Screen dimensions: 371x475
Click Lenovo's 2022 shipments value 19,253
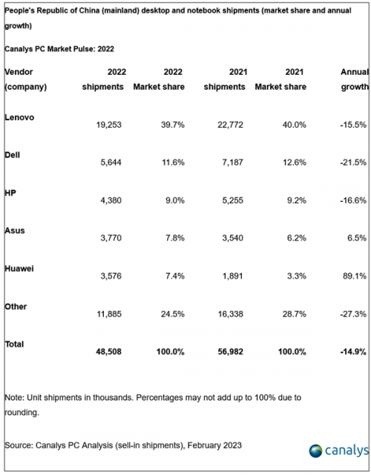coord(109,125)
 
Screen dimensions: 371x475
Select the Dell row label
coord(12,155)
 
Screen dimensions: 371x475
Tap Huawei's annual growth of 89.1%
coord(355,276)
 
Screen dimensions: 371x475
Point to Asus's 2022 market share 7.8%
coord(175,237)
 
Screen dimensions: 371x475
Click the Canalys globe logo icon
coord(315,451)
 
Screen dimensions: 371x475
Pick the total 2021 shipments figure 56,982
coord(230,352)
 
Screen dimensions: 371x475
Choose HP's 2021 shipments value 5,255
coord(232,200)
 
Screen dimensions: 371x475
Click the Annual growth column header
coord(355,79)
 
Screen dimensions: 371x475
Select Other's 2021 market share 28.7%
coord(294,314)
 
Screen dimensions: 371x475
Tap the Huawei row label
coord(19,269)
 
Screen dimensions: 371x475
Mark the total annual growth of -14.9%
coord(353,352)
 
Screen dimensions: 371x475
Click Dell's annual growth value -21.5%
coord(353,163)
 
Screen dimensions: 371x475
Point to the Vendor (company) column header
coord(26,79)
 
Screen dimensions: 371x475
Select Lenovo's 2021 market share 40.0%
coord(294,125)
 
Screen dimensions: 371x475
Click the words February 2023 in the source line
coord(214,445)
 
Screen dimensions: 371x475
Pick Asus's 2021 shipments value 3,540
coord(232,237)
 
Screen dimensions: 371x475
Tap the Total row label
coord(14,344)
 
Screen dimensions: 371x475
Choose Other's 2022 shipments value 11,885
coord(109,314)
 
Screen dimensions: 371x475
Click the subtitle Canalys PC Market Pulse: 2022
coord(59,49)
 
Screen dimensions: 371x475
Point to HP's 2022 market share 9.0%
coord(175,200)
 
